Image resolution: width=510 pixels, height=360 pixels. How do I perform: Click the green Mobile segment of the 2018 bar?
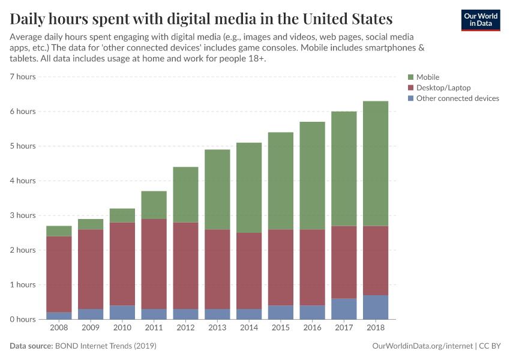point(376,163)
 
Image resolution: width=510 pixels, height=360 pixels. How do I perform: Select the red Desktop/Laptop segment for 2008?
point(59,274)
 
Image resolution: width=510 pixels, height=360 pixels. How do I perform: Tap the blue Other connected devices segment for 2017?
point(344,308)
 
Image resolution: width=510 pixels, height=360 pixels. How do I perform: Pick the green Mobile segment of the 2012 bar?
point(185,194)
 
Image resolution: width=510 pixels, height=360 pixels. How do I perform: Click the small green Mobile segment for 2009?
point(90,224)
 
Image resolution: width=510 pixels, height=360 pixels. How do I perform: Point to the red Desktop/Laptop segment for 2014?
point(249,271)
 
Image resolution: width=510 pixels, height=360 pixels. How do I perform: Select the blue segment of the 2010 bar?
point(122,312)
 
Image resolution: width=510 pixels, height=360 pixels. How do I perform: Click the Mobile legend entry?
point(428,77)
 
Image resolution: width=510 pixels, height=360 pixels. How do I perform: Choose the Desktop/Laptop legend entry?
point(443,88)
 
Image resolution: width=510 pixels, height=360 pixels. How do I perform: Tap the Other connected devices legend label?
point(457,98)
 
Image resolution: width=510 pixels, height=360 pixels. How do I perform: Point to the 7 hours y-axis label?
point(23,77)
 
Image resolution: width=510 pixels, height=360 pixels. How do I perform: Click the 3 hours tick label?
point(23,215)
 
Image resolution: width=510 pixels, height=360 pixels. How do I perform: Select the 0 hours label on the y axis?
point(23,319)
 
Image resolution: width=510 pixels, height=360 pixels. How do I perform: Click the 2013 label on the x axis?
point(217,328)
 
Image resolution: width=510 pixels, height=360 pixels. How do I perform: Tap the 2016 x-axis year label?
point(312,328)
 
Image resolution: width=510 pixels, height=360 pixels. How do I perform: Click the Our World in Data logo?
point(480,20)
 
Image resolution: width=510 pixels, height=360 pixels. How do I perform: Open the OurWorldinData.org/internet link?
point(421,346)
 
